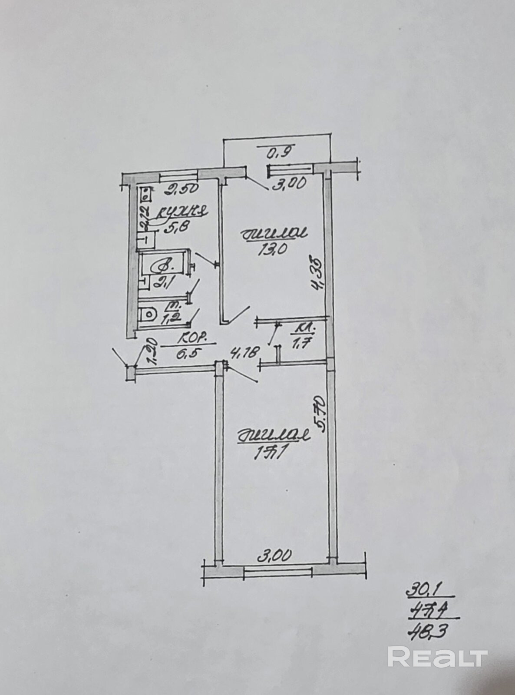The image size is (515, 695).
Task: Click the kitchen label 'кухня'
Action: point(182,212)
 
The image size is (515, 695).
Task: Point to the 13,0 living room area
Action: point(274,250)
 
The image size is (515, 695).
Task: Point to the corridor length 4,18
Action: point(234,351)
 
